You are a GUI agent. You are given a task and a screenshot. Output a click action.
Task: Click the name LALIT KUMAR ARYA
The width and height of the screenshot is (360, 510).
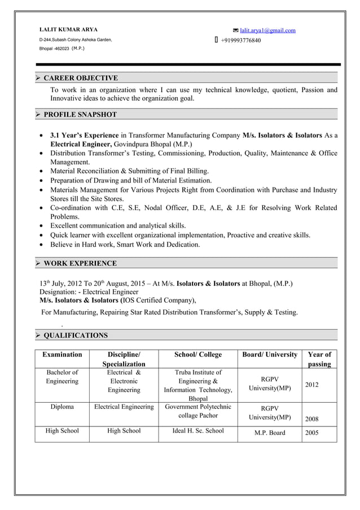click(68, 29)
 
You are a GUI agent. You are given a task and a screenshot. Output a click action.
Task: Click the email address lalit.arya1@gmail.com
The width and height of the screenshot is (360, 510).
click(267, 30)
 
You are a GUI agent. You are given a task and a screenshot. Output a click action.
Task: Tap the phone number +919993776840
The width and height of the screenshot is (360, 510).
click(240, 41)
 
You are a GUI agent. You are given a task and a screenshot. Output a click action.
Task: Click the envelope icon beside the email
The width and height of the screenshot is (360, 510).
click(235, 30)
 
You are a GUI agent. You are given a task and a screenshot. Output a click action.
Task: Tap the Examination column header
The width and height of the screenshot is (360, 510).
click(62, 355)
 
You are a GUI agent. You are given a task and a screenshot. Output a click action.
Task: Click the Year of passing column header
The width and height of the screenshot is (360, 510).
click(319, 359)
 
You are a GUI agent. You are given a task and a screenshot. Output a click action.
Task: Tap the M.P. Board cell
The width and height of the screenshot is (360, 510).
click(270, 433)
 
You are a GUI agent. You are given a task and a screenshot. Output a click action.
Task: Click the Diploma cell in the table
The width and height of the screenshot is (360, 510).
click(62, 407)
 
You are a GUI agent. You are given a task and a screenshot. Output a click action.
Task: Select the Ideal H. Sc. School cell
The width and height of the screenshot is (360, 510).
click(198, 431)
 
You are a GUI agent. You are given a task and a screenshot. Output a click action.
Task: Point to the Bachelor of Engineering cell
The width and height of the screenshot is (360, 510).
click(62, 377)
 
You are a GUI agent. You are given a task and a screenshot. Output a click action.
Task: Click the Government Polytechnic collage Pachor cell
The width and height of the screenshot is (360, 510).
click(198, 411)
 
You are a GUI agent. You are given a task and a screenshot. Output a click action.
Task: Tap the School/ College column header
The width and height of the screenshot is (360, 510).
click(198, 355)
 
